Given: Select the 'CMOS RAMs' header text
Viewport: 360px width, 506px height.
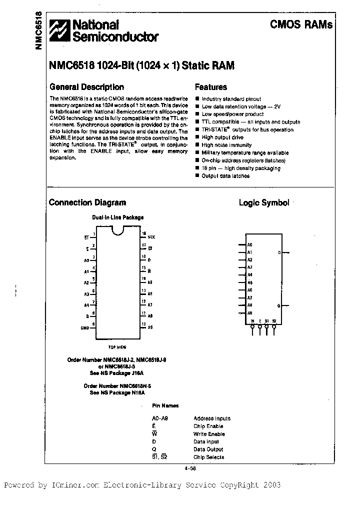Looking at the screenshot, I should tap(301, 24).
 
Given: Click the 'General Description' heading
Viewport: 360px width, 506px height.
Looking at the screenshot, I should tap(86, 86).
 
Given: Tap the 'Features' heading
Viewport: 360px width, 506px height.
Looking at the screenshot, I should tap(210, 87).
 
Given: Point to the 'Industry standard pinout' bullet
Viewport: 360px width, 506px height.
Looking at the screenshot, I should tap(231, 99).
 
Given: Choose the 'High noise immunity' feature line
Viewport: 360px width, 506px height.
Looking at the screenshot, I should tap(226, 145).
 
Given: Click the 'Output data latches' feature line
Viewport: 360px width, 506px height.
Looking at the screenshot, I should tap(225, 175).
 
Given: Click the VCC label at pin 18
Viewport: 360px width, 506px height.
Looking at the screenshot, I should tap(151, 236).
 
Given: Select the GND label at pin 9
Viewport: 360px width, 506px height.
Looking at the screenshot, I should tap(84, 328).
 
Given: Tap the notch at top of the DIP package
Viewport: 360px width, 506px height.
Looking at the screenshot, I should tap(118, 230).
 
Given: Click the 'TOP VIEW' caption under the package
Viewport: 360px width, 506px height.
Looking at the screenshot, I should tap(117, 346).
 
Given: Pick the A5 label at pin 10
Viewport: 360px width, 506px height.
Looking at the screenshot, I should tap(150, 327).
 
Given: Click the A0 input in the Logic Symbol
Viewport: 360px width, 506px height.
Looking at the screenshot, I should tap(249, 245).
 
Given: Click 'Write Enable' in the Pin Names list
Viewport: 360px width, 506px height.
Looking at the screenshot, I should tap(209, 434).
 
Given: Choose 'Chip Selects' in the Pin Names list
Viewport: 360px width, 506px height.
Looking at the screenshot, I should tap(209, 457).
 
